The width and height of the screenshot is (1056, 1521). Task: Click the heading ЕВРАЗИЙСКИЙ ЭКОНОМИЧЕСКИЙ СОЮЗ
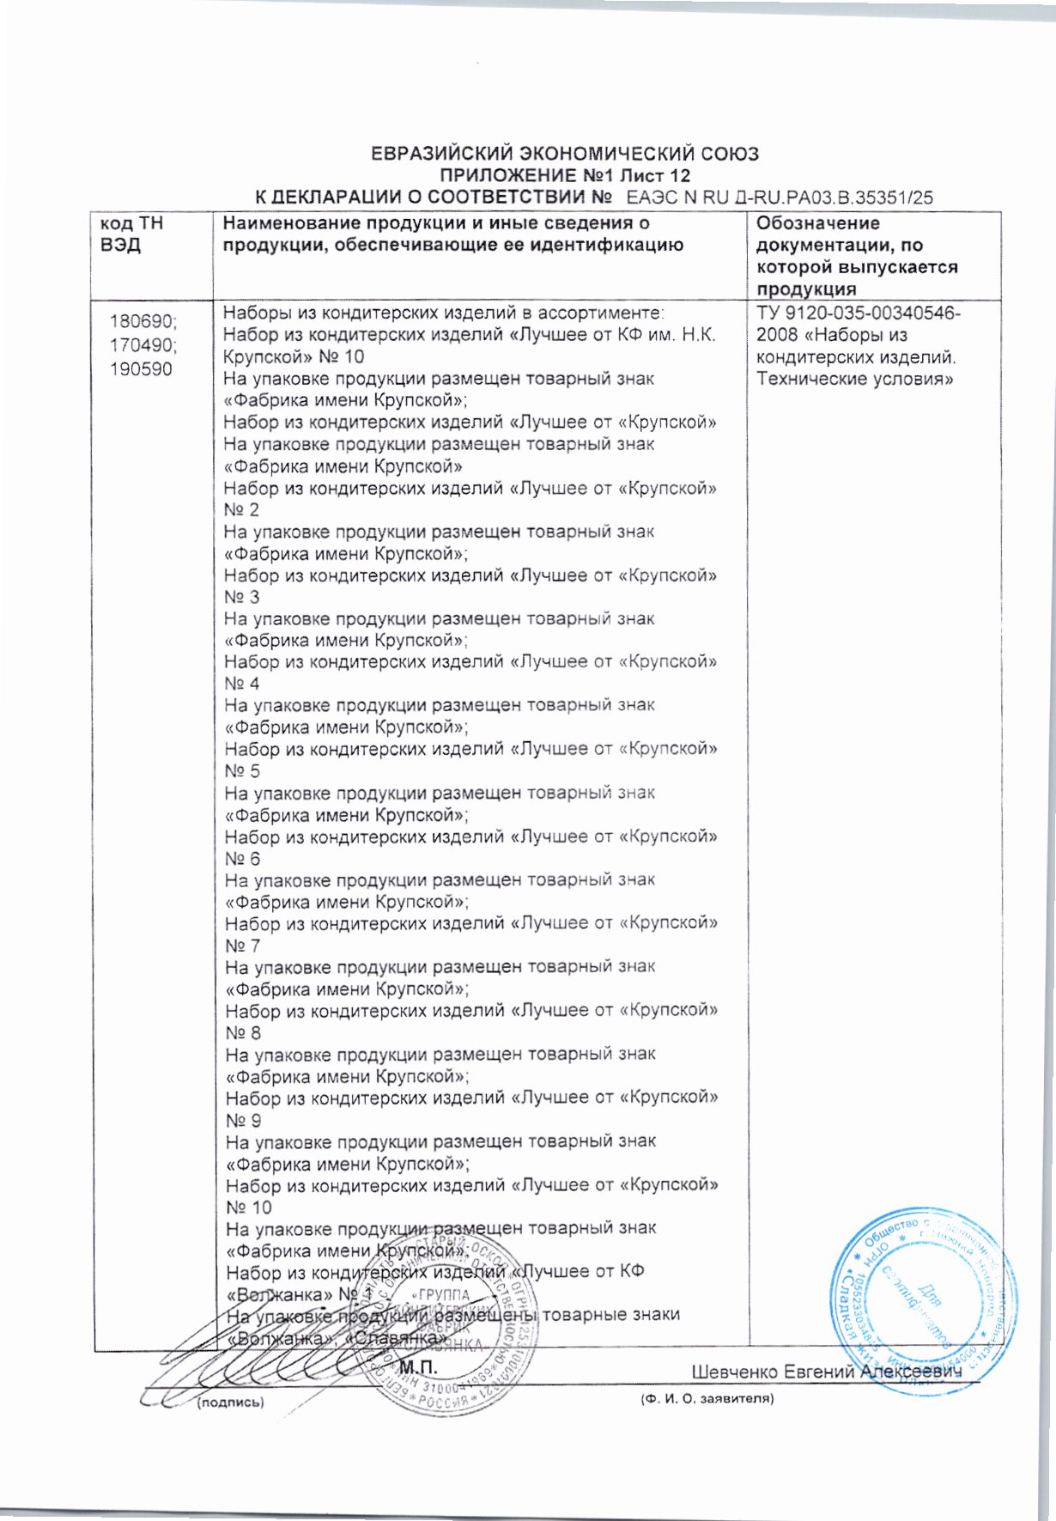564,155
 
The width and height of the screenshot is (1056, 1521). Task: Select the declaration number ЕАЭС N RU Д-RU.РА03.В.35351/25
780,198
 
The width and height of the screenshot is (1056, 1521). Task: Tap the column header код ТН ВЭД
131,234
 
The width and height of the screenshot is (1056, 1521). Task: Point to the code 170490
143,345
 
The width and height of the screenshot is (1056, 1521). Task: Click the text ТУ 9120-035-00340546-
858,313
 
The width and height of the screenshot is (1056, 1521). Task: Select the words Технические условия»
855,379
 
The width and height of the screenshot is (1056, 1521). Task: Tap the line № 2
241,510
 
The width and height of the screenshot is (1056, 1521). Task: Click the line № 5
242,771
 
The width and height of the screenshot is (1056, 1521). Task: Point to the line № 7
242,946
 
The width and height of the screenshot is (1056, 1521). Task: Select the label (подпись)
230,1402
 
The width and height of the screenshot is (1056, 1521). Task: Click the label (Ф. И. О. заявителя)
707,1399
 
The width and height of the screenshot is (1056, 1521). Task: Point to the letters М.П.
419,1366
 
